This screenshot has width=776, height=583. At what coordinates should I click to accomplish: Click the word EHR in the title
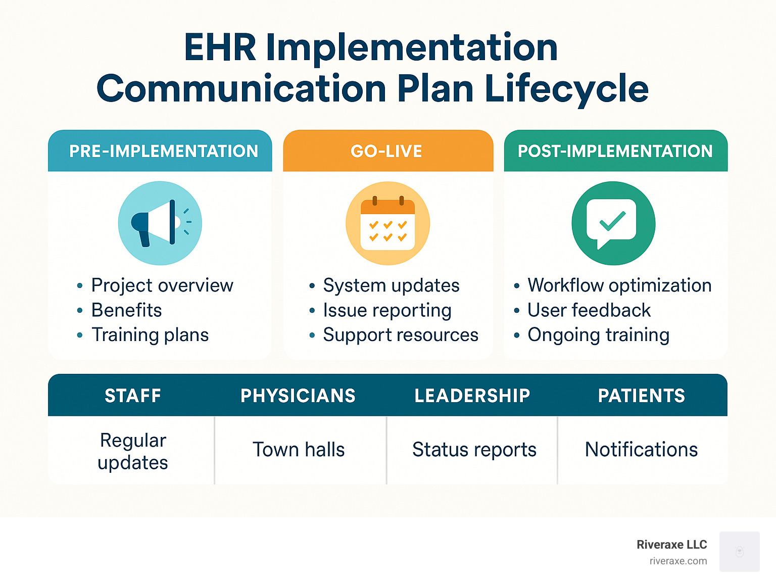[220, 47]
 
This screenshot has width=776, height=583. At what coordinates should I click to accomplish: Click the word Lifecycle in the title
[566, 88]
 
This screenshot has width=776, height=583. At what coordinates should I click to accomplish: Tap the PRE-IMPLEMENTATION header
[163, 151]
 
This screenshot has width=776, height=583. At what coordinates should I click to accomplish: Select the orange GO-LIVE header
[386, 151]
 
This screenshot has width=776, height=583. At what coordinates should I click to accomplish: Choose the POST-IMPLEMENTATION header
[615, 151]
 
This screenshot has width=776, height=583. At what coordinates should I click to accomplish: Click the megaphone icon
[160, 223]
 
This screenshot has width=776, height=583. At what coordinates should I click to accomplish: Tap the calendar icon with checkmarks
[387, 223]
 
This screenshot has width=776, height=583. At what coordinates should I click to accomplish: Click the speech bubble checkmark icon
[613, 223]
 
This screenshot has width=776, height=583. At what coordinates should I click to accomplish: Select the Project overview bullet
[162, 285]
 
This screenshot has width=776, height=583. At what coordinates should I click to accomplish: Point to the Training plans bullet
[150, 335]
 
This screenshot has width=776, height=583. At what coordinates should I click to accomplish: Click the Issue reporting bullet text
[387, 310]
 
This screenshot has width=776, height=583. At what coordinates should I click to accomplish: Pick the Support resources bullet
[400, 335]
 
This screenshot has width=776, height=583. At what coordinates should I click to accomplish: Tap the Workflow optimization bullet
[619, 285]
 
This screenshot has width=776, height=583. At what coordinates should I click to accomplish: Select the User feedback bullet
[589, 310]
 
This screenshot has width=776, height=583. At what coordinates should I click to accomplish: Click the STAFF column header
[133, 396]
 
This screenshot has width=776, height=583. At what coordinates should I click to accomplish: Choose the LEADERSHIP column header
[472, 396]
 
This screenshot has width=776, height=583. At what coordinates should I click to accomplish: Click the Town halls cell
[299, 450]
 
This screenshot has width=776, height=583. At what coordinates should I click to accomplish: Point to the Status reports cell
[474, 450]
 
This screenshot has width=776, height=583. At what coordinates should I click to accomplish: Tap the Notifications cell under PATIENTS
[641, 450]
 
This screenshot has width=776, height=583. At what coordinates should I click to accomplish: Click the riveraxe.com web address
[678, 561]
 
